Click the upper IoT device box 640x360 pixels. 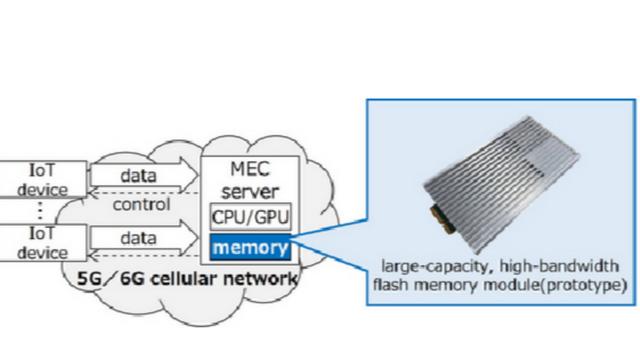click(35, 180)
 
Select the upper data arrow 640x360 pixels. click(139, 176)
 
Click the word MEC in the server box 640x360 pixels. click(248, 171)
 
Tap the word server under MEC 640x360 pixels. click(248, 190)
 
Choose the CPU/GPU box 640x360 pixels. click(249, 217)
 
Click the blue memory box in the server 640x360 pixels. click(249, 246)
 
